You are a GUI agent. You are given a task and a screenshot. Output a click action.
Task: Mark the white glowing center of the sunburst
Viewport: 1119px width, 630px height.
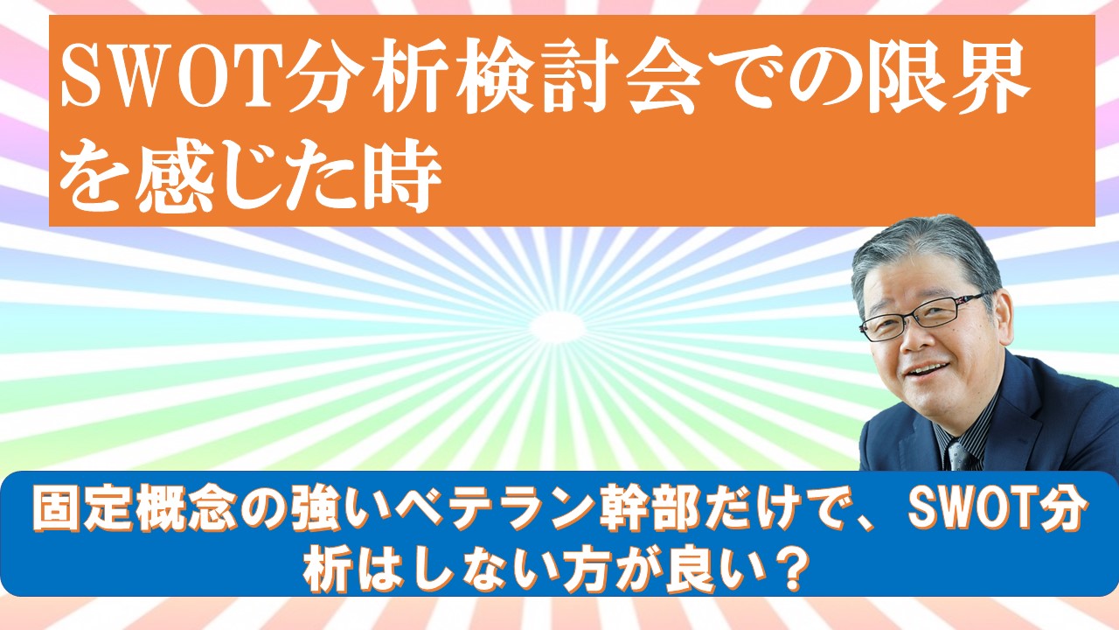[557, 326]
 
